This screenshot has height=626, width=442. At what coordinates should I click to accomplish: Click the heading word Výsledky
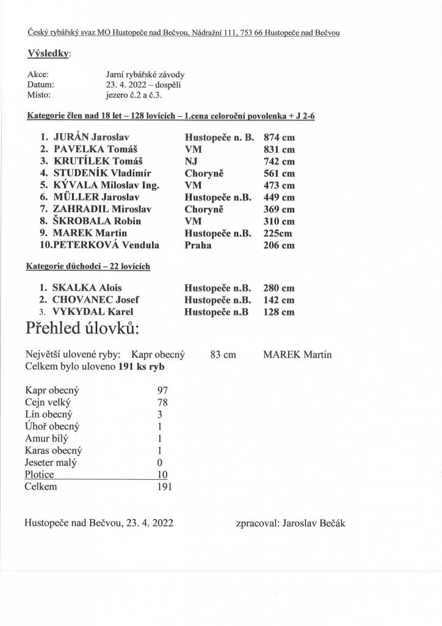click(48, 54)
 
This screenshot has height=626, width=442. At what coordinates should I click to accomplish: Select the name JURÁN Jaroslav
click(92, 137)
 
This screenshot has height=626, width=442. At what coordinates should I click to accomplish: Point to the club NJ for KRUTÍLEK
click(192, 161)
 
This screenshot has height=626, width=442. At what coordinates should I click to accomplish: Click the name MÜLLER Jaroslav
click(97, 197)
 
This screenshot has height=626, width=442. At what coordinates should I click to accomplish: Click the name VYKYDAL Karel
click(93, 312)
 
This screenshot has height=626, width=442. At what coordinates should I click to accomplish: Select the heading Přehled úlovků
click(82, 330)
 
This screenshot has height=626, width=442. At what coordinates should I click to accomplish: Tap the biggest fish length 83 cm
click(223, 355)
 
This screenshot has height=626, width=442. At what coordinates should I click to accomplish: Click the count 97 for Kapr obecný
click(162, 390)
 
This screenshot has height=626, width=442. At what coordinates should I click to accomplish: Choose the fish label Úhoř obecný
click(52, 427)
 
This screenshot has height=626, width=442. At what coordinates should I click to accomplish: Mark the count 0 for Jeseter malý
click(159, 463)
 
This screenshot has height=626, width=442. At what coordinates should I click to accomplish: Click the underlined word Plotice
click(40, 474)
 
